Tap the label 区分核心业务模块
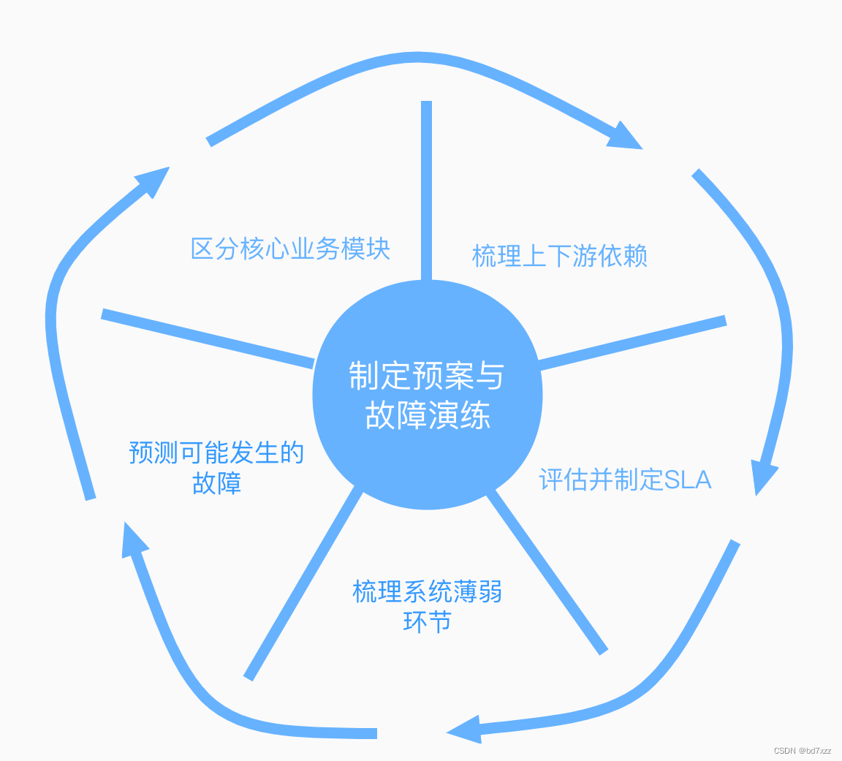click(x=290, y=249)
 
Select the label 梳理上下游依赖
click(x=559, y=257)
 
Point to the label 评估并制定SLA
click(x=625, y=480)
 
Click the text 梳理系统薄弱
click(x=427, y=591)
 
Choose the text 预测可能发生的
click(x=216, y=453)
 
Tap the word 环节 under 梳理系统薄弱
click(x=427, y=622)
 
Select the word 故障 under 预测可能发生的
click(x=216, y=483)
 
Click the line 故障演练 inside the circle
click(x=428, y=417)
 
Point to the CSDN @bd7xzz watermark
click(x=802, y=751)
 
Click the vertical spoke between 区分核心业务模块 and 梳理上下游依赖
click(x=427, y=190)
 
